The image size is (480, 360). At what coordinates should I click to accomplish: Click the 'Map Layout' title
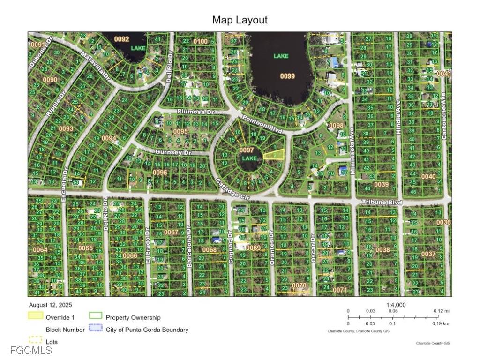[240, 20]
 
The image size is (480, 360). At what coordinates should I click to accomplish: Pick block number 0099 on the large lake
[287, 76]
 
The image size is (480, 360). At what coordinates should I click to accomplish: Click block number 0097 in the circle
[247, 150]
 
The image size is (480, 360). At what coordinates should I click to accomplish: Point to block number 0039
[382, 184]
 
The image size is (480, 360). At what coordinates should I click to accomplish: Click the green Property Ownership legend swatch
[96, 316]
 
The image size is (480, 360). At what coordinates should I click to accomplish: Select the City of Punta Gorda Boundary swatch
[96, 329]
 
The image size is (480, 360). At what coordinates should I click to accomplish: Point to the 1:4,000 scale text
[396, 305]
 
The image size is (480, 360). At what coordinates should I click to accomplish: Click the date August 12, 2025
[51, 305]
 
